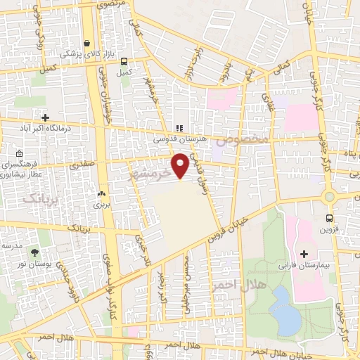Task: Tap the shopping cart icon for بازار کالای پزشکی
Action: click(x=86, y=42)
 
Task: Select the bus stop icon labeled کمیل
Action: click(x=124, y=61)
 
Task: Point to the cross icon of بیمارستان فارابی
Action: click(x=304, y=253)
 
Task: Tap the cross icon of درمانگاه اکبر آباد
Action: click(x=46, y=117)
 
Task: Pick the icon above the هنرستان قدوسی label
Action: click(x=179, y=129)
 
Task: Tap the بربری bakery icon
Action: click(x=102, y=193)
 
